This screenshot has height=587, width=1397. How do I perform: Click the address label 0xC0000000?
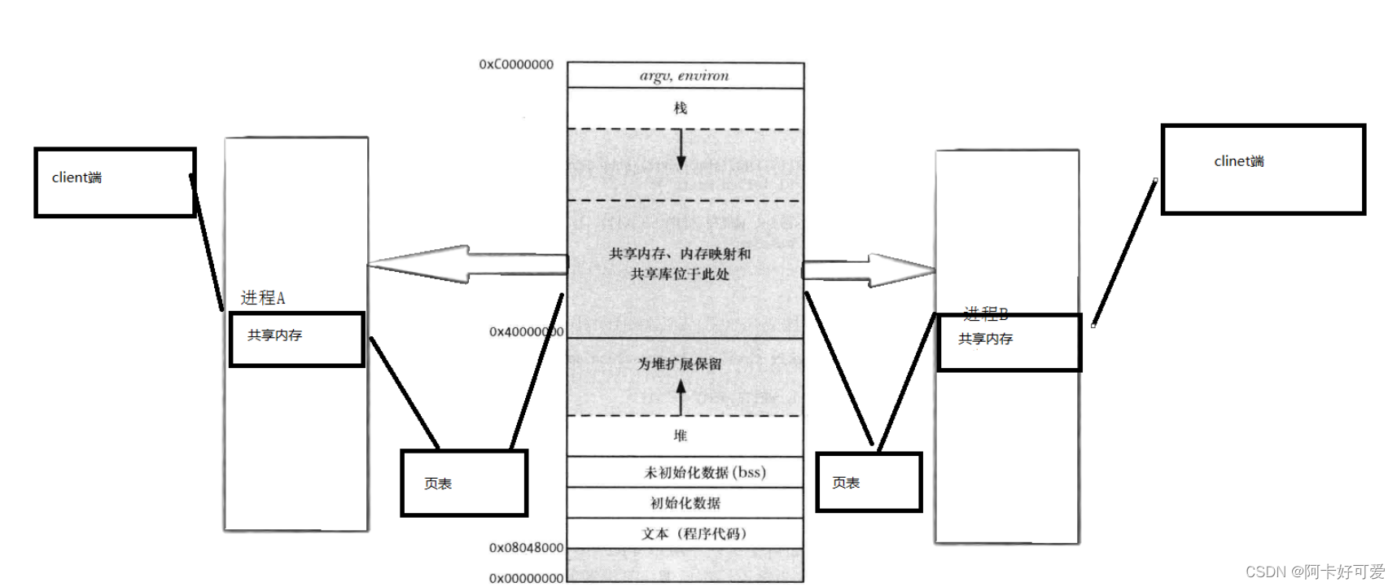coord(516,64)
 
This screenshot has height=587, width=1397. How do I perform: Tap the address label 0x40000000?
coord(526,332)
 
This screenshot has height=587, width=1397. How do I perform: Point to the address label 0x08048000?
coord(526,548)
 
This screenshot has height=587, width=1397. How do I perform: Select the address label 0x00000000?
coord(526,578)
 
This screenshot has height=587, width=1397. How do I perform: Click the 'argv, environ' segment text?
coord(684,76)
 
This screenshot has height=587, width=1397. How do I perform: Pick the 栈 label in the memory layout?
coord(681,108)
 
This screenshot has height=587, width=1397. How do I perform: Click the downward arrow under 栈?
coord(681,150)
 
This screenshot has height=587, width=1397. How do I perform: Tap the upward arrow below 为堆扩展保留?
coord(681,396)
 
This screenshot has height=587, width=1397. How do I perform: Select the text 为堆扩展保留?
coord(680,364)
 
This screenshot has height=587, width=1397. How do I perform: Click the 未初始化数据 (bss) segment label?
coord(704,472)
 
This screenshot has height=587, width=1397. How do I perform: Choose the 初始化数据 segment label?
coord(685,503)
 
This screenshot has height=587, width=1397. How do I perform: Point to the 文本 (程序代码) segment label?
coord(693,534)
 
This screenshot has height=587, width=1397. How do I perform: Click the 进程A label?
coord(263,298)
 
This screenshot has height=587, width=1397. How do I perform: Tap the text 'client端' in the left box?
coord(77,177)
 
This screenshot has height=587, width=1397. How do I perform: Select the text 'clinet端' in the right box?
coord(1239,161)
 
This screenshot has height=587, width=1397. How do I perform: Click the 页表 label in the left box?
coord(438,484)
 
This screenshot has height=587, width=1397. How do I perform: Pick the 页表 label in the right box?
coord(846,483)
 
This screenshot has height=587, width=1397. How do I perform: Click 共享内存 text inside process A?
coord(275,335)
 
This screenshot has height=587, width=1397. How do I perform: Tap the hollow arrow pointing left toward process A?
coord(456,264)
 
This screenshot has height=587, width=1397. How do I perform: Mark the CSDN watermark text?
coord(1315,572)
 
